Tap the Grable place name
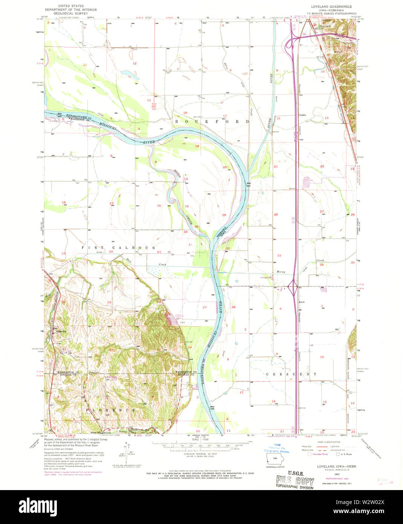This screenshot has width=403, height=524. point(302,115)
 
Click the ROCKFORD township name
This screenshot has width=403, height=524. point(212,122)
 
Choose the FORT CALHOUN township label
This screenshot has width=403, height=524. point(119,248)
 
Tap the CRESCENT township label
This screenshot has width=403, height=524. point(291,374)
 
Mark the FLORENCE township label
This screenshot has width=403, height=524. point(110,410)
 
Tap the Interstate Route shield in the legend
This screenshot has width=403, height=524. point(310,454)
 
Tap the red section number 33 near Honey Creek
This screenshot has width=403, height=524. point(279,256)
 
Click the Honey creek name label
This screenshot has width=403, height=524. point(281,271)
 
